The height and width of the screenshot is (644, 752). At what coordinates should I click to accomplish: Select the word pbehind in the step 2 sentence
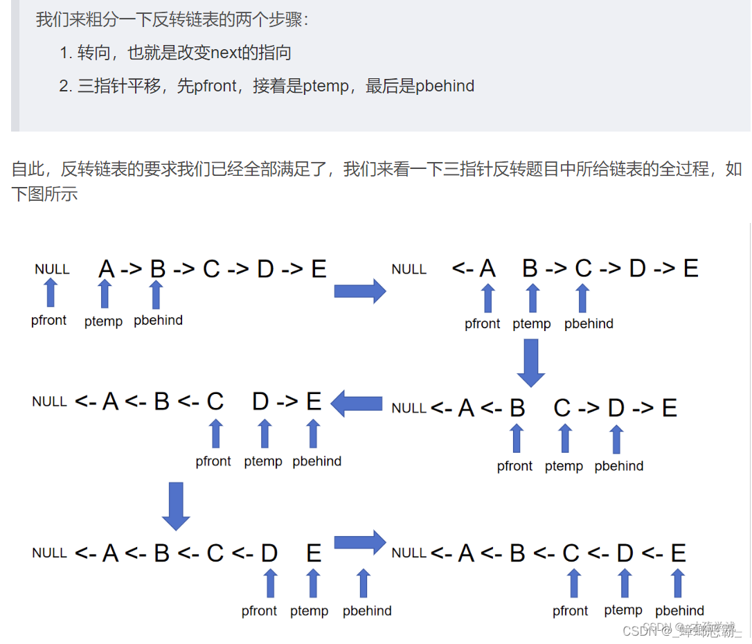[x=445, y=86]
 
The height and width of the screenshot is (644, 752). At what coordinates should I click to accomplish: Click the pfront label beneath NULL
[x=49, y=320]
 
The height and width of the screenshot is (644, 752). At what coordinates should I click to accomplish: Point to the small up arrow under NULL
[x=50, y=293]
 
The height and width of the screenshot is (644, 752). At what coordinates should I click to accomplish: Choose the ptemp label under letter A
[x=103, y=321]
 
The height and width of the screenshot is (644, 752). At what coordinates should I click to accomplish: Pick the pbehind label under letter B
[x=158, y=320]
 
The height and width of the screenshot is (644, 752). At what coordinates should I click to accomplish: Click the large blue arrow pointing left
[x=357, y=403]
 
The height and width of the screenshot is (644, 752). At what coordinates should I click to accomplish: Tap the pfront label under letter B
[x=514, y=466]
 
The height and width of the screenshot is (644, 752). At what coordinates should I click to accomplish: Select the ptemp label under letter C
[x=564, y=466]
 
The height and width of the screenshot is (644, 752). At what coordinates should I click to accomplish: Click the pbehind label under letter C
[x=589, y=323]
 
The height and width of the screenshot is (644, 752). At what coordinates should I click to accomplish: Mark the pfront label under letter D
[x=260, y=611]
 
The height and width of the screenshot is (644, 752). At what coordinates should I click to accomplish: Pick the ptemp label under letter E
[x=310, y=611]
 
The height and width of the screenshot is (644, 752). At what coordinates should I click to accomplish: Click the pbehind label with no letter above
[x=367, y=611]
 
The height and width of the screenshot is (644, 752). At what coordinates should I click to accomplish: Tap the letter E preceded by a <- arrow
[x=677, y=553]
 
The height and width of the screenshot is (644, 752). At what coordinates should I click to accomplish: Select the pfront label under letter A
[x=483, y=323]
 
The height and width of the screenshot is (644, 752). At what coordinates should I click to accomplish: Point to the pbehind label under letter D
[x=619, y=466]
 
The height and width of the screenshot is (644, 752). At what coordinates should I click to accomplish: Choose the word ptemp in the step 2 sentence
[x=328, y=86]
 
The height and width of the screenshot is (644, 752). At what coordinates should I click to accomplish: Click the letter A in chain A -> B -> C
[x=106, y=269]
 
